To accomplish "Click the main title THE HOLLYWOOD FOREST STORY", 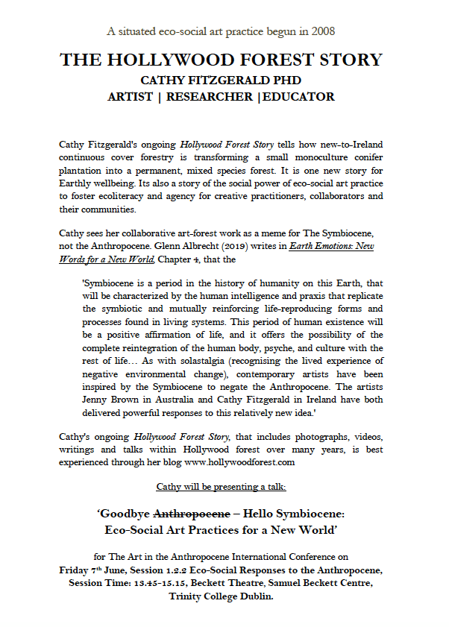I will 221,60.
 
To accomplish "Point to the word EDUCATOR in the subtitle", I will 298,97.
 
